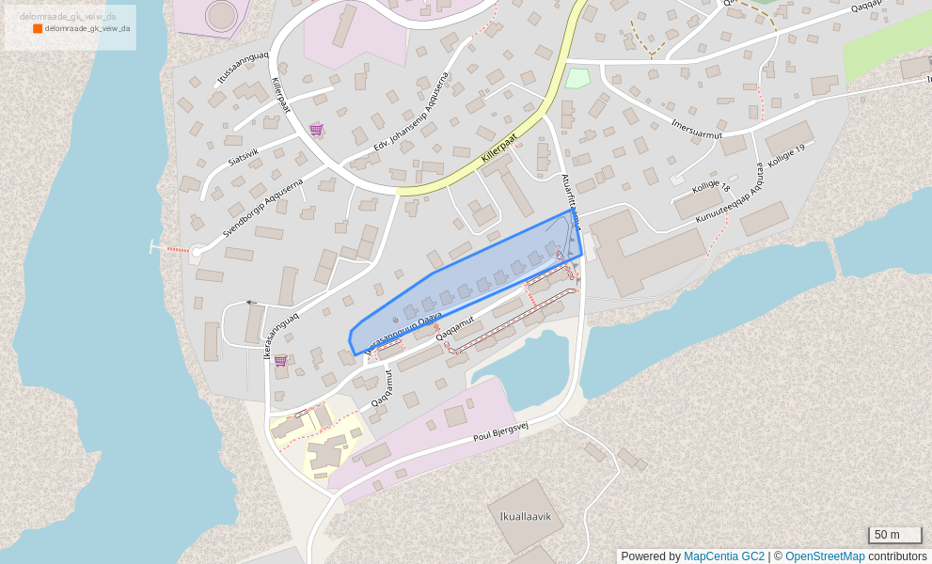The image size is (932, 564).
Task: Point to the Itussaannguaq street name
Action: click(x=243, y=69)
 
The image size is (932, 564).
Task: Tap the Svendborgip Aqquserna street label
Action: click(x=262, y=207)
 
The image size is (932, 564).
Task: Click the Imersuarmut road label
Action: click(x=696, y=129)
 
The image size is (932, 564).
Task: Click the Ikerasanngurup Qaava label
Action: click(x=403, y=333)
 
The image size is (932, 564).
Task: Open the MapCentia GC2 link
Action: click(x=723, y=556)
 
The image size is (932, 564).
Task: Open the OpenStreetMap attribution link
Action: click(x=824, y=556)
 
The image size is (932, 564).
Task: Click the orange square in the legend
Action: click(x=38, y=29)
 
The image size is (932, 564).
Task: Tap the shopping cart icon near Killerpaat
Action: click(x=316, y=130)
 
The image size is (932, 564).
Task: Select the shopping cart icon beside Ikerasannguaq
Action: click(x=280, y=360)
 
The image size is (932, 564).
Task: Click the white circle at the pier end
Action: click(x=197, y=252)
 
